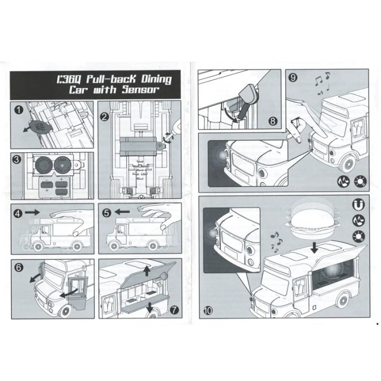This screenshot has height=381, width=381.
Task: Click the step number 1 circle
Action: pos(19,109)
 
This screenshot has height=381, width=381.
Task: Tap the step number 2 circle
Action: pos(105,117)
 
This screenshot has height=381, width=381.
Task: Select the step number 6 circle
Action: pos(19,267)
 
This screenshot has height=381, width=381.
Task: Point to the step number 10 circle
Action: pos(208,310)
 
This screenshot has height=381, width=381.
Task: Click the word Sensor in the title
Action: pos(140,89)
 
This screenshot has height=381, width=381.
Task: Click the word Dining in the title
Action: pos(157,79)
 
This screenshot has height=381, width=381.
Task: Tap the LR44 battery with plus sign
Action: pos(62,165)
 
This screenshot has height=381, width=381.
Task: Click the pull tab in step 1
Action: pos(40,126)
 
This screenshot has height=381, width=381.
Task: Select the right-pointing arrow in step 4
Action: pos(32,212)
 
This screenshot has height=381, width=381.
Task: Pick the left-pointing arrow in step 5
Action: pos(122,212)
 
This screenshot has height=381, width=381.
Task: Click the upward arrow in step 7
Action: pos(146,271)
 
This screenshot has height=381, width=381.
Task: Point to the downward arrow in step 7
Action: pos(150,307)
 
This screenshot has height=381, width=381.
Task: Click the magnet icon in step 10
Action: pos(358,205)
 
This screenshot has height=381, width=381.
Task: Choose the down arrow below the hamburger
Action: pos(315,248)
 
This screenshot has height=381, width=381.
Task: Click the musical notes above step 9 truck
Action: pos(323,83)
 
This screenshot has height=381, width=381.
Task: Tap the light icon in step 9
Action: pos(360,181)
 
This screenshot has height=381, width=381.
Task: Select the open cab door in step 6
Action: pos(78,294)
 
